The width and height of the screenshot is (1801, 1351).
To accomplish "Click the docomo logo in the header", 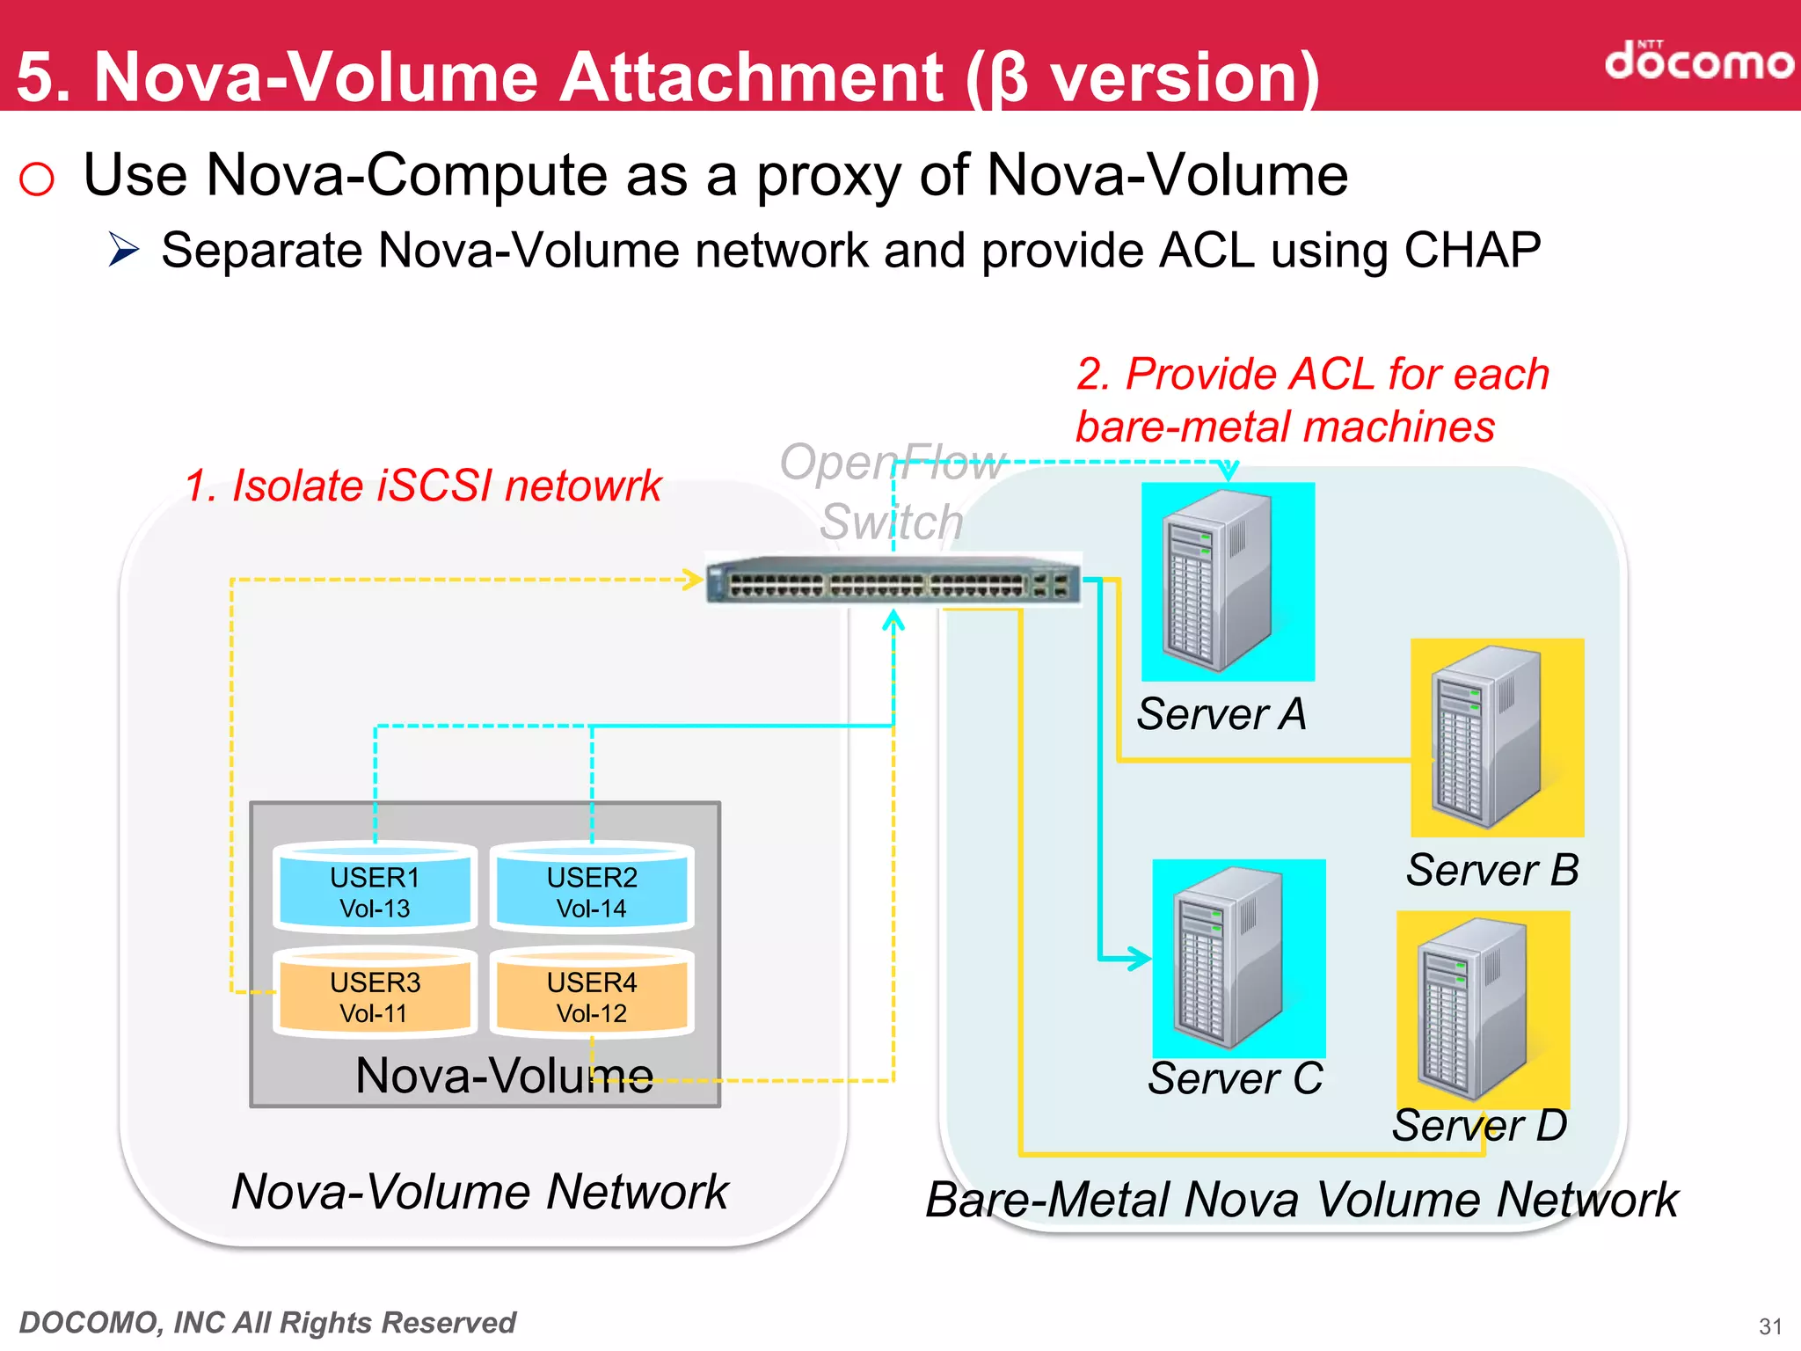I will point(1698,62).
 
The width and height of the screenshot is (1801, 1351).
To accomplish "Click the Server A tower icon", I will point(1218,581).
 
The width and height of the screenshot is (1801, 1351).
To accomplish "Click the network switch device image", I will point(893,581).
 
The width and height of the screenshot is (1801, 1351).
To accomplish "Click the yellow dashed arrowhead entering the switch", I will point(693,580).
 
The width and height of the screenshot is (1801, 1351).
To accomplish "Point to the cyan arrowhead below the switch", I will point(893,621).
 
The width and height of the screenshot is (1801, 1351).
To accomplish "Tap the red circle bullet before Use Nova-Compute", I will point(37,179).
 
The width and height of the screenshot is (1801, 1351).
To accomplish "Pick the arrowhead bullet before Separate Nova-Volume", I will point(124,250).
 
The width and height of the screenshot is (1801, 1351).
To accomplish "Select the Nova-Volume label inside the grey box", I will point(504,1075).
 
